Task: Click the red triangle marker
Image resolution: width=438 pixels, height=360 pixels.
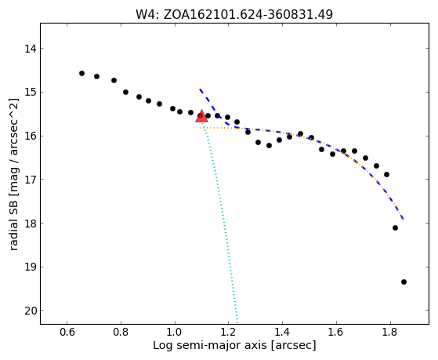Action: pos(201,117)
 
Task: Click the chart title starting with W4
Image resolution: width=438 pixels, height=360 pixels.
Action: pos(234,15)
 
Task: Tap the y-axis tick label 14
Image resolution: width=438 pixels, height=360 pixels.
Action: pos(31,49)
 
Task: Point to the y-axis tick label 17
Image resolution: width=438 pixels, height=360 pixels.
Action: pos(31,180)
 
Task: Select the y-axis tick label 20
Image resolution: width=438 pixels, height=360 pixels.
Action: pos(31,311)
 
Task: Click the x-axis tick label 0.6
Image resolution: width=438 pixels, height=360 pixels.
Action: pos(67,332)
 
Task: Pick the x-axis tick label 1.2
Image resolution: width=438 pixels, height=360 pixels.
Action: pos(229,332)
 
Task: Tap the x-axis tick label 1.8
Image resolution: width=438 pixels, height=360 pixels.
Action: pos(390,332)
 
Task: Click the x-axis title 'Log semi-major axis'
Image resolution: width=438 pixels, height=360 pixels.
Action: pos(210,346)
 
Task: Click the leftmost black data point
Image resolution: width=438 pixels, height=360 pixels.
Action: pos(81,73)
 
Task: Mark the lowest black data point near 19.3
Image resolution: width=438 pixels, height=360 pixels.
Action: pos(404,282)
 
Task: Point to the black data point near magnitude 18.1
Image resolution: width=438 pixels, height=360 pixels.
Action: pos(395,228)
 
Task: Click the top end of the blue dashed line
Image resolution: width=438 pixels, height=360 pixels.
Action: pos(200,89)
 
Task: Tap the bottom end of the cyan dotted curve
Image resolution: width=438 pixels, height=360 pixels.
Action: pos(237,322)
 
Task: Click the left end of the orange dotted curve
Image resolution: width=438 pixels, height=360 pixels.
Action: pos(200,128)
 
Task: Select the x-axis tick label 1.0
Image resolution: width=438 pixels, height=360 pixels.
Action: pos(175,332)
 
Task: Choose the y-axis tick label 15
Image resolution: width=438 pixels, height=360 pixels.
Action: pos(31,93)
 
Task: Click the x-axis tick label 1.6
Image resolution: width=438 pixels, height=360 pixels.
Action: pos(336,332)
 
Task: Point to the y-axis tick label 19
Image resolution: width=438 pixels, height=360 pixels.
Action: pos(31,267)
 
